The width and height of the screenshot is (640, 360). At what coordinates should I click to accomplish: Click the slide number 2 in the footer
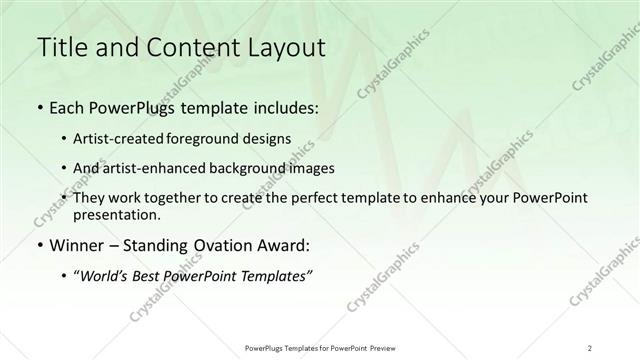(x=590, y=347)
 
